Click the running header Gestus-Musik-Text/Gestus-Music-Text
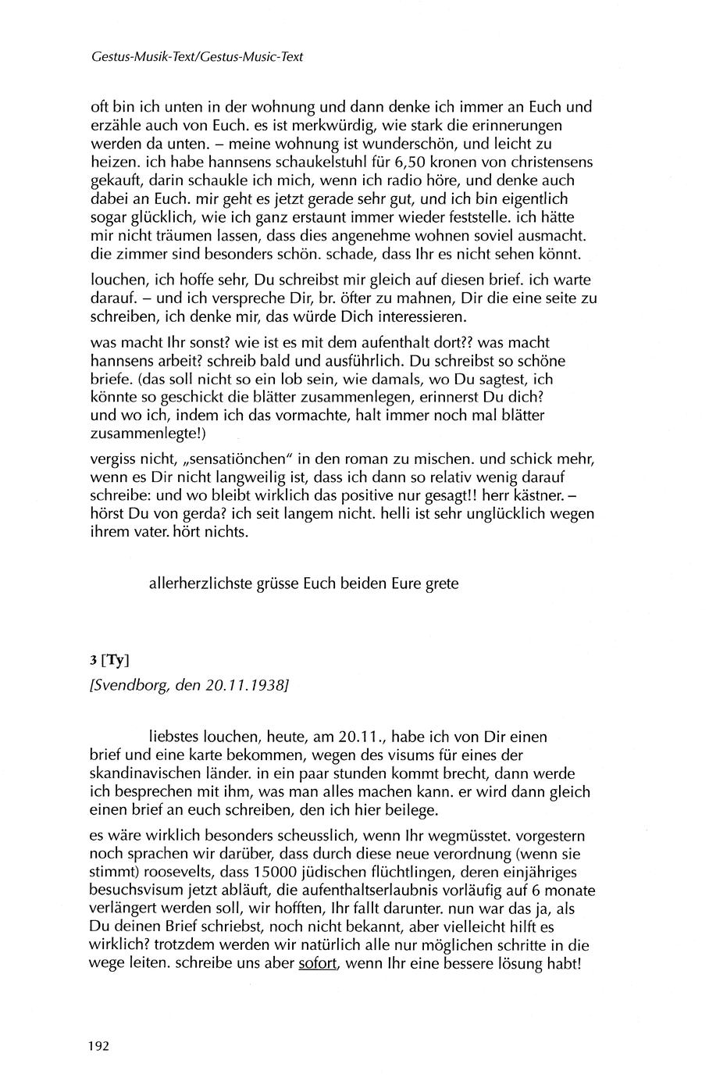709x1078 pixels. (x=197, y=57)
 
